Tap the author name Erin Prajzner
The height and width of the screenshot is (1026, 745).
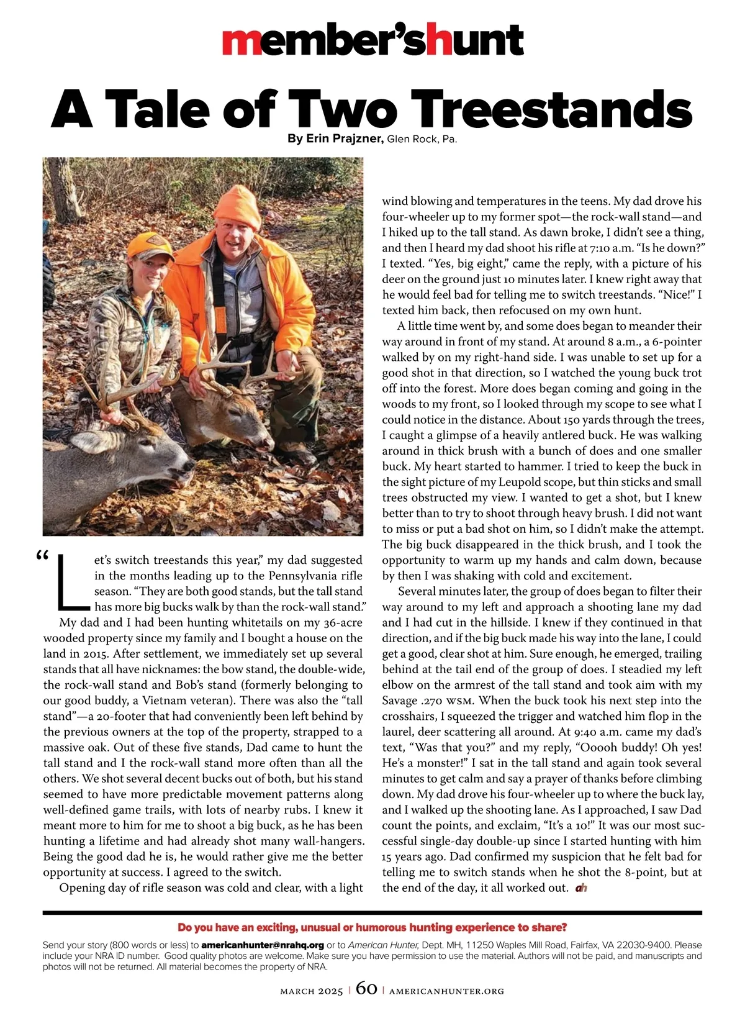pos(345,138)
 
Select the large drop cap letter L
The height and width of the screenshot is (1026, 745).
pos(68,581)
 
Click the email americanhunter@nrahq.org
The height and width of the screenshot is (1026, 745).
pos(263,945)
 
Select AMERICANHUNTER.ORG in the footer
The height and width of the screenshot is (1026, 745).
pos(446,991)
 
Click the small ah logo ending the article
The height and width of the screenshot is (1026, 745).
pos(581,888)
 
